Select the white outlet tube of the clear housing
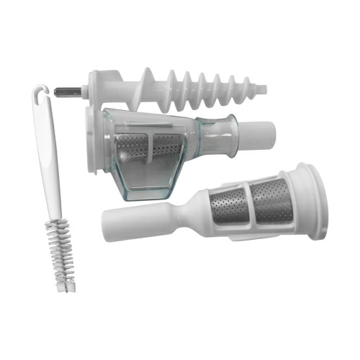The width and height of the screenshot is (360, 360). coord(259,133)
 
